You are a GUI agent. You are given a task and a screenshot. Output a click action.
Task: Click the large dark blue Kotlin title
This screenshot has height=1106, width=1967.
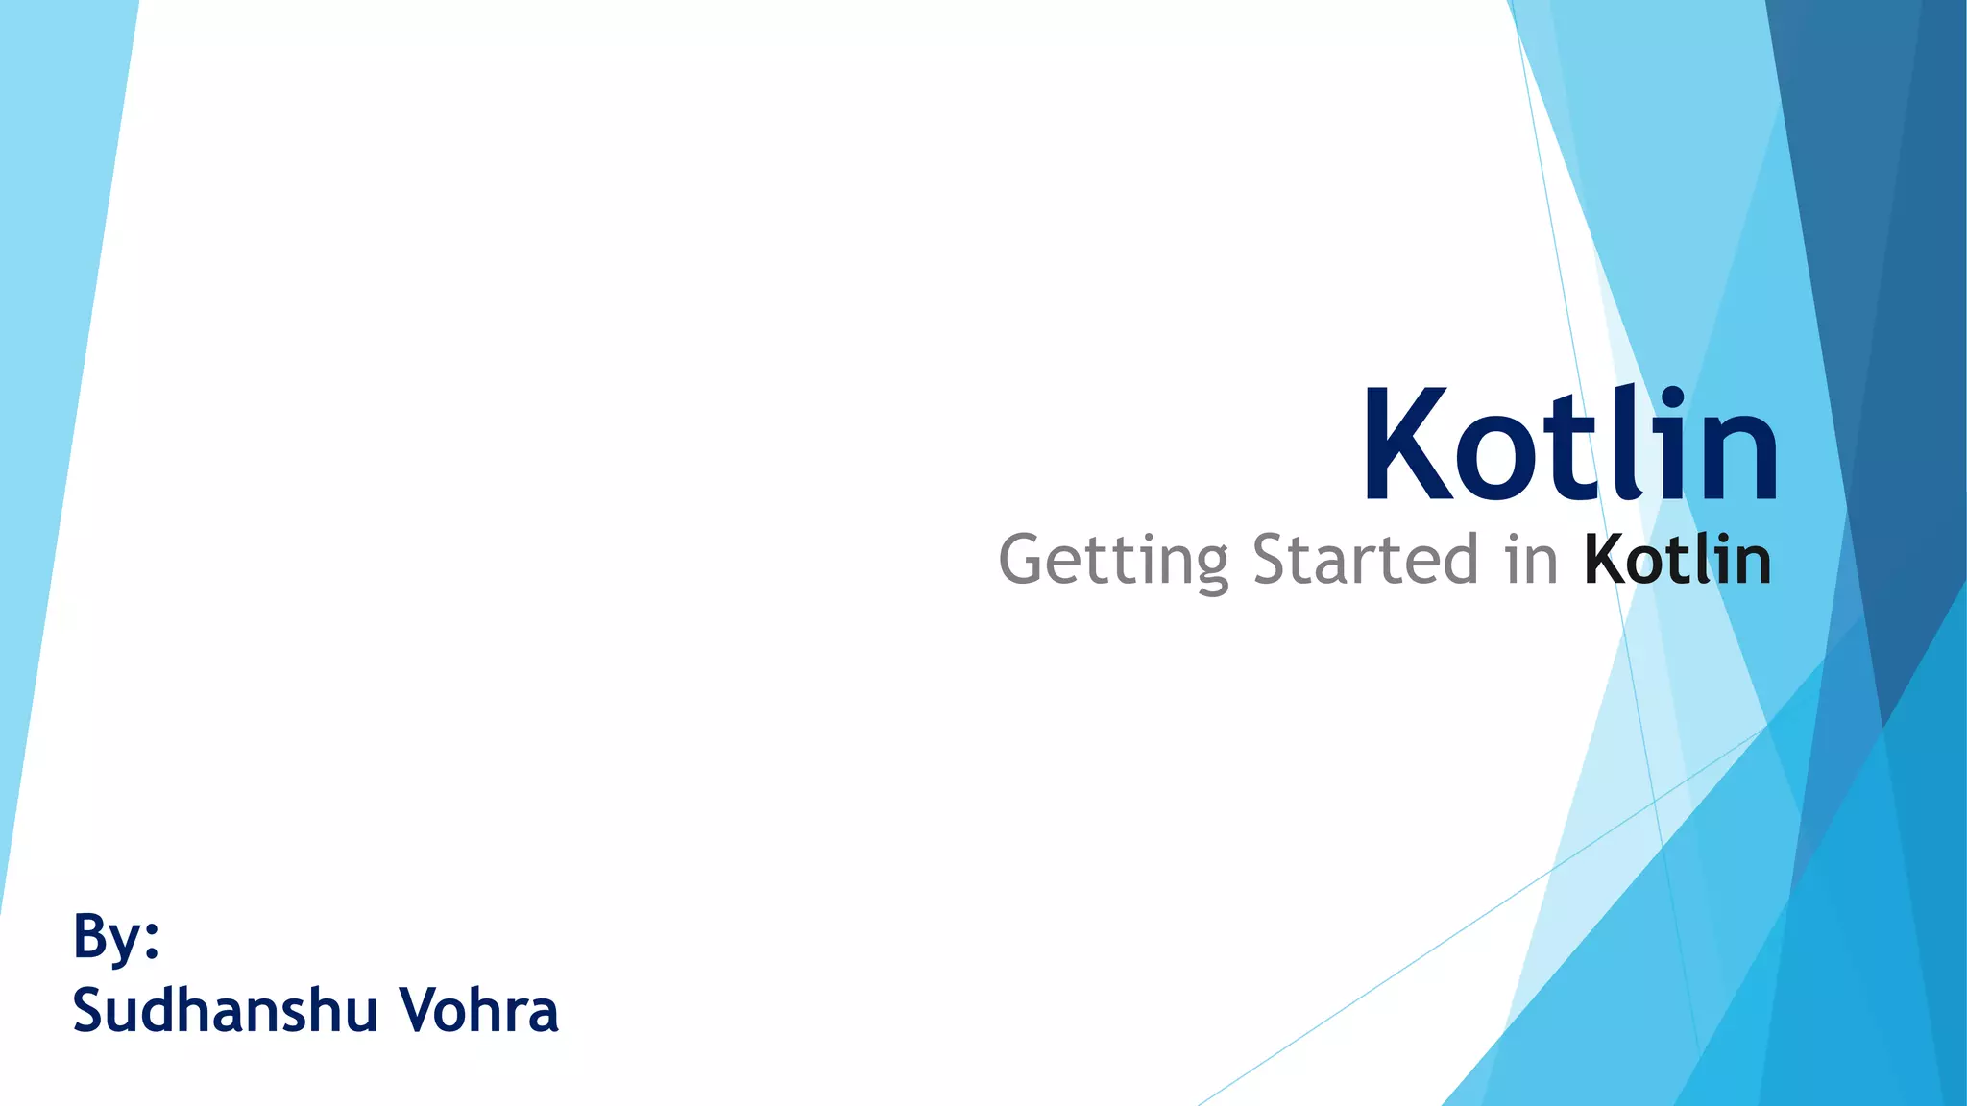1571,444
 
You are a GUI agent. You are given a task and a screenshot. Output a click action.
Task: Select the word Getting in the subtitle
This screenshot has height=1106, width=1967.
1113,561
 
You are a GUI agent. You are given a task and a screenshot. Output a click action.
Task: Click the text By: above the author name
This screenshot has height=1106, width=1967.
115,936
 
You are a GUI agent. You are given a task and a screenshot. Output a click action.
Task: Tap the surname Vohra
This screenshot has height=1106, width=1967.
478,1010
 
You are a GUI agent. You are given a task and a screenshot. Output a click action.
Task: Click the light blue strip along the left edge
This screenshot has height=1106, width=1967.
58,384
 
